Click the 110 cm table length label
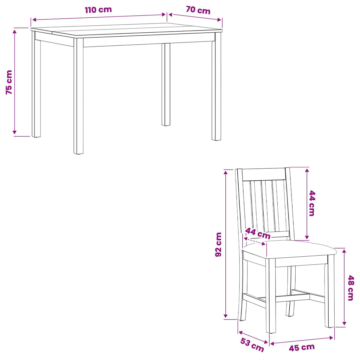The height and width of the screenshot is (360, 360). click(98, 10)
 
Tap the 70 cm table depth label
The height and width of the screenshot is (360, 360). click(198, 10)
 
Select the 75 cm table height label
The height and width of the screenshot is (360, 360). click(9, 82)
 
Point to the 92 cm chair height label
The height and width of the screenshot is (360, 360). click(218, 244)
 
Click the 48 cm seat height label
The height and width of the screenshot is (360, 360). click(351, 288)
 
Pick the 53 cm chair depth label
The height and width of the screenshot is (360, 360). click(252, 345)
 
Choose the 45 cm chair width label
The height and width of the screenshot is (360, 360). click(302, 347)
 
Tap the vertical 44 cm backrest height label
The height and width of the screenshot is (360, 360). click(312, 203)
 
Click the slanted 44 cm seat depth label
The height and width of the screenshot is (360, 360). click(258, 233)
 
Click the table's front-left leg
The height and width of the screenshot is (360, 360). click(78, 96)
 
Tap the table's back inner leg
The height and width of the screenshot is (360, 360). click(166, 84)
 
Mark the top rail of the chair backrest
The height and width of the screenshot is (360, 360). click(264, 174)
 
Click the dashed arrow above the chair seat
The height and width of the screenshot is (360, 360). click(255, 242)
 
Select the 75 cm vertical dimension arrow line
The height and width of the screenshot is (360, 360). click(14, 82)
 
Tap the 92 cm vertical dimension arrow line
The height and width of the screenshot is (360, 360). click(226, 244)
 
